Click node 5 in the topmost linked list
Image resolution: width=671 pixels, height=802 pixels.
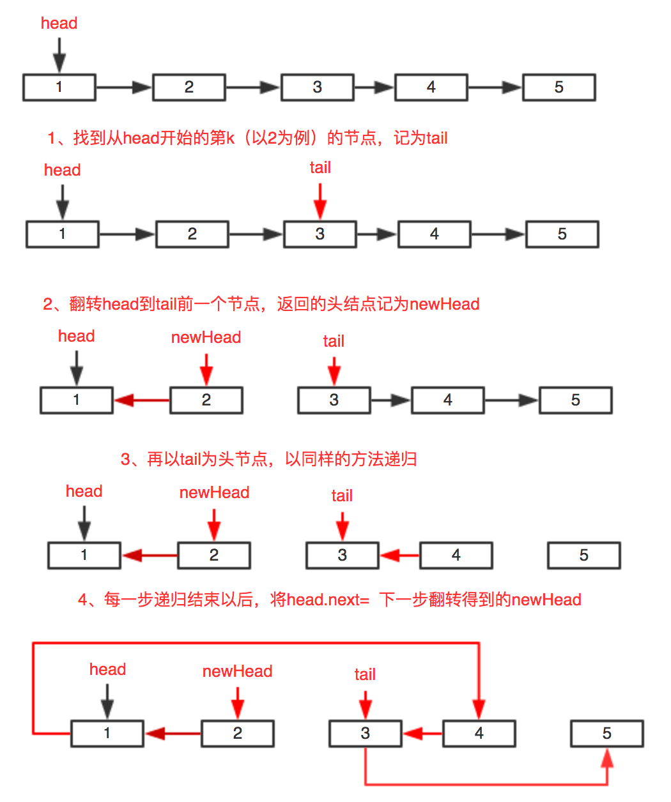click(559, 87)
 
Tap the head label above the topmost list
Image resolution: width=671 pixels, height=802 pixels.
click(59, 24)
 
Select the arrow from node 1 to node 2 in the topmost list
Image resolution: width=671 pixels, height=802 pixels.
click(124, 87)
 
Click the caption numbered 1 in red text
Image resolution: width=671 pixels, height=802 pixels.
click(247, 138)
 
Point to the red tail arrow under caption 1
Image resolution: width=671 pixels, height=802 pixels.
click(320, 201)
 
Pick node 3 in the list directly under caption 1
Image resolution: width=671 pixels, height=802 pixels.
click(320, 234)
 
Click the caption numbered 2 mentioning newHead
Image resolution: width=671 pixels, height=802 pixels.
click(261, 304)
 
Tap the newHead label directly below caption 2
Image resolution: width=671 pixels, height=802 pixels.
click(206, 338)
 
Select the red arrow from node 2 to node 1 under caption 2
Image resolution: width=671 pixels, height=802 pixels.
click(142, 400)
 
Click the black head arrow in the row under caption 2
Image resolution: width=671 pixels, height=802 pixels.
click(76, 368)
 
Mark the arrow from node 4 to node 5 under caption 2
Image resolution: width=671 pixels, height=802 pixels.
click(511, 400)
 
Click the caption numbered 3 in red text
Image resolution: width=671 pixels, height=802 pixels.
click(268, 459)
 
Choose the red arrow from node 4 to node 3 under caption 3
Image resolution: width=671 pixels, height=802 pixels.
click(400, 556)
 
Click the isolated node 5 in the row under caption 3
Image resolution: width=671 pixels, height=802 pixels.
click(583, 556)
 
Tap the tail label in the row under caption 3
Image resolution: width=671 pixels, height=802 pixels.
click(342, 496)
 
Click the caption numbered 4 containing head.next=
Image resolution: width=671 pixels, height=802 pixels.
click(329, 600)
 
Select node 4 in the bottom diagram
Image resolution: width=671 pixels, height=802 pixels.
click(479, 734)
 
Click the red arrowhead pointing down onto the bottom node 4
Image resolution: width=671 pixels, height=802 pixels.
click(479, 709)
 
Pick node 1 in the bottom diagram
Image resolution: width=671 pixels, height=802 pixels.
click(107, 734)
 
